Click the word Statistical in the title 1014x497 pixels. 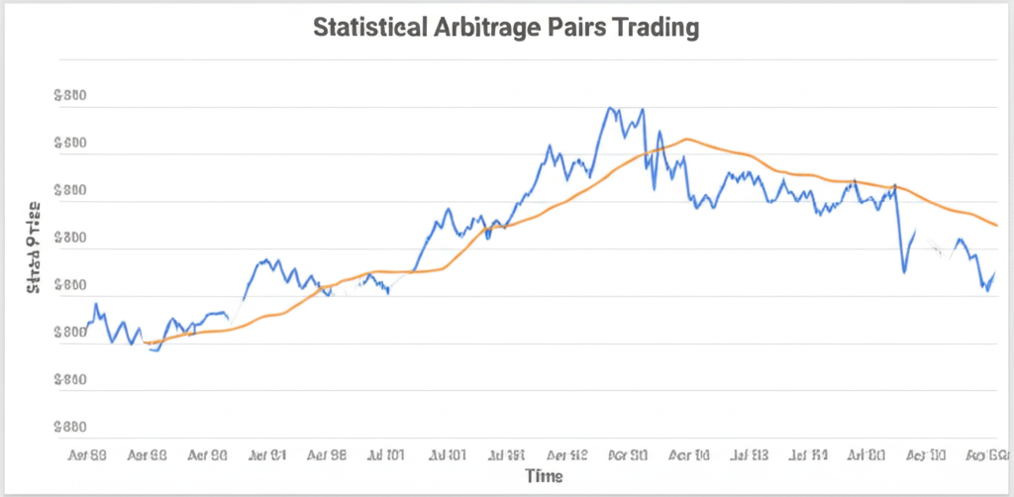(369, 28)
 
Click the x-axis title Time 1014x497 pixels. (544, 476)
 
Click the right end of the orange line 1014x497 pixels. (996, 226)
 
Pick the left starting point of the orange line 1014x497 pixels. (145, 343)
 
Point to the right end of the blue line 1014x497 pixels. (994, 272)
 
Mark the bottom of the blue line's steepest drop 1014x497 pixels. (903, 271)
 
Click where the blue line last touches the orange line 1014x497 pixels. (895, 185)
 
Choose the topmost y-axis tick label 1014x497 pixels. (69, 97)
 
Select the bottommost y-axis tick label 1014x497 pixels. (69, 428)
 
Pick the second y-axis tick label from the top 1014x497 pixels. (69, 144)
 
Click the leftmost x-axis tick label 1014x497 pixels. (88, 456)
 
